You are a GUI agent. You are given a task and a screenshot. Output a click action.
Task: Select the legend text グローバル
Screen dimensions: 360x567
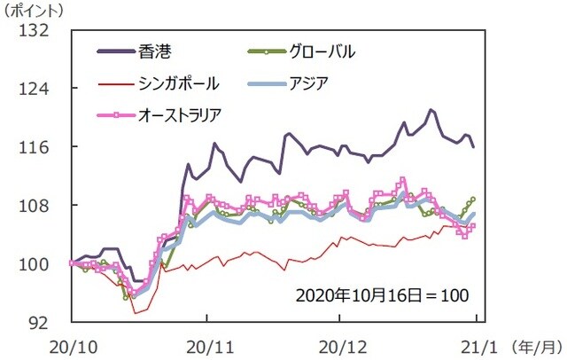323,51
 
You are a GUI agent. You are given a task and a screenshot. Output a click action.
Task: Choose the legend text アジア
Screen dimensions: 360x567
309,83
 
